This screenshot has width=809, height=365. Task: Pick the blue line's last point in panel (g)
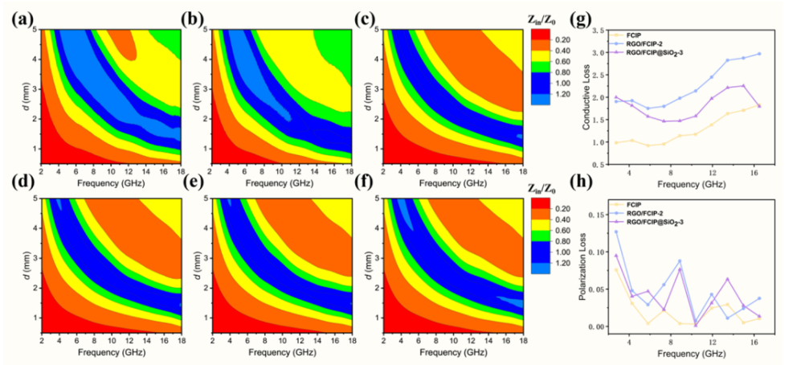point(782,54)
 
